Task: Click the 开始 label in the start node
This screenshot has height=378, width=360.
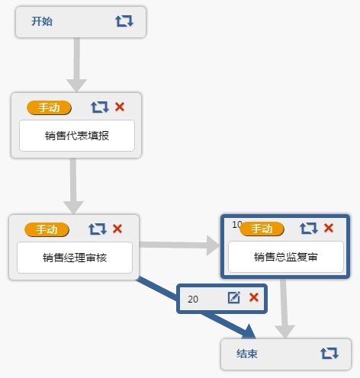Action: point(42,21)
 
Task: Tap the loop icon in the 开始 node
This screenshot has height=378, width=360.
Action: point(124,21)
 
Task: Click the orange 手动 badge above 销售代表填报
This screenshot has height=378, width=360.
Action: point(49,107)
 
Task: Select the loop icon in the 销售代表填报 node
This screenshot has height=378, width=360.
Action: point(100,107)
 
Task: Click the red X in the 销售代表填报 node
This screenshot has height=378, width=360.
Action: point(120,107)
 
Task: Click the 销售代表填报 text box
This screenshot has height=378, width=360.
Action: point(77,136)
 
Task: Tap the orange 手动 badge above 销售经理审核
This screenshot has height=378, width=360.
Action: point(47,229)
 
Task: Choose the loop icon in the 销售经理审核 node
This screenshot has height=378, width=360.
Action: point(98,229)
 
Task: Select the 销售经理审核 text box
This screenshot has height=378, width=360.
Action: point(75,258)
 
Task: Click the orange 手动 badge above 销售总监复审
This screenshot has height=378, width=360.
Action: point(262,229)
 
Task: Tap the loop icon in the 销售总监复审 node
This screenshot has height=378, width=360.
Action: point(309,228)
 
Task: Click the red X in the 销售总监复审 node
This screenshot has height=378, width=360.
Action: point(329,228)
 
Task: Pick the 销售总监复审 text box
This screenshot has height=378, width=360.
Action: point(286,257)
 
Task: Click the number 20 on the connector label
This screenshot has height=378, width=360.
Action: point(193,300)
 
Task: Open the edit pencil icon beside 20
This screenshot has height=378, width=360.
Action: point(234,297)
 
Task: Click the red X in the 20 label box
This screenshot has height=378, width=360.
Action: point(254,297)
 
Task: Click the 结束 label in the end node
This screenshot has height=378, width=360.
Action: point(247,354)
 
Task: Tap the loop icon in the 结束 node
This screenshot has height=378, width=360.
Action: point(329,353)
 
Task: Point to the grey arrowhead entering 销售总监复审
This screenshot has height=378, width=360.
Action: point(213,245)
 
